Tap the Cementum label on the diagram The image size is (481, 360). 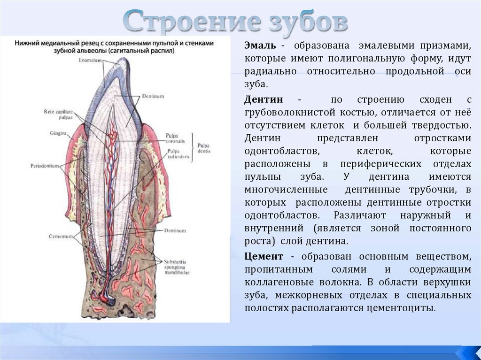click(x=61, y=236)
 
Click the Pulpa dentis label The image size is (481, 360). click(x=204, y=148)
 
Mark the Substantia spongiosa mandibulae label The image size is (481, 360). click(x=176, y=266)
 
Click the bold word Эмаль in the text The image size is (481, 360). click(x=260, y=46)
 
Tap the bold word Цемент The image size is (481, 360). click(x=264, y=257)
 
